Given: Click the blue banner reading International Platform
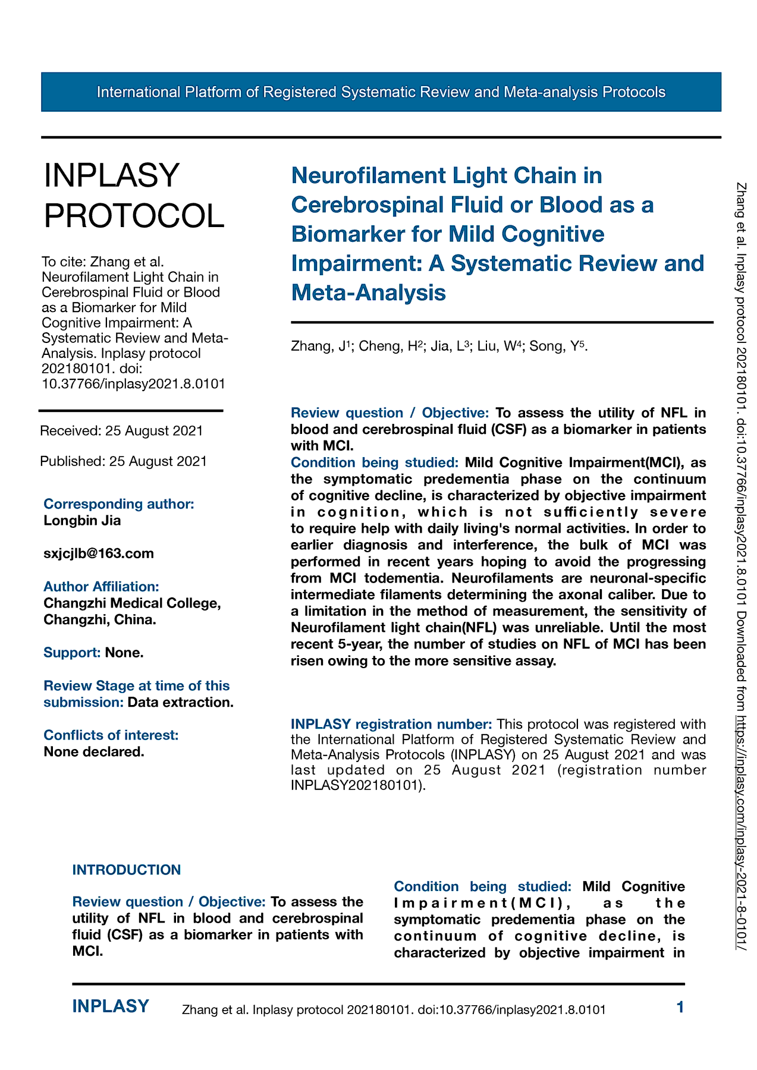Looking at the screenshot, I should click(x=381, y=92).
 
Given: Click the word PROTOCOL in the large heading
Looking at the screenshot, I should click(x=134, y=215).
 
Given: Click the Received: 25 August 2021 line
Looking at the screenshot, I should click(x=121, y=431).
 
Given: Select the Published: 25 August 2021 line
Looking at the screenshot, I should click(x=123, y=461).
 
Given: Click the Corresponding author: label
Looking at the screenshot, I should click(x=119, y=504).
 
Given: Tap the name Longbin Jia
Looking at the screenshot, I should click(x=82, y=521).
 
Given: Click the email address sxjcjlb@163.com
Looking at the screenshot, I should click(x=99, y=554).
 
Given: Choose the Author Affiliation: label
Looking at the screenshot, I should click(x=101, y=587).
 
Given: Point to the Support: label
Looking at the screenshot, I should click(x=72, y=653).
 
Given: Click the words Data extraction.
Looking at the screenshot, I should click(x=180, y=702).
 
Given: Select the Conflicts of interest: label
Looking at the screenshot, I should click(x=111, y=735).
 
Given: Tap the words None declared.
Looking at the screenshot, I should click(x=94, y=752).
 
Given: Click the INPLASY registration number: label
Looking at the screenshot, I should click(x=391, y=724).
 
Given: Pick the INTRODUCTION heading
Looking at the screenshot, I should click(x=126, y=870).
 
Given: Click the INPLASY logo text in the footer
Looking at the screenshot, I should click(x=111, y=1006).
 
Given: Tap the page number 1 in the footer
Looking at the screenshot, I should click(x=680, y=1007).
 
